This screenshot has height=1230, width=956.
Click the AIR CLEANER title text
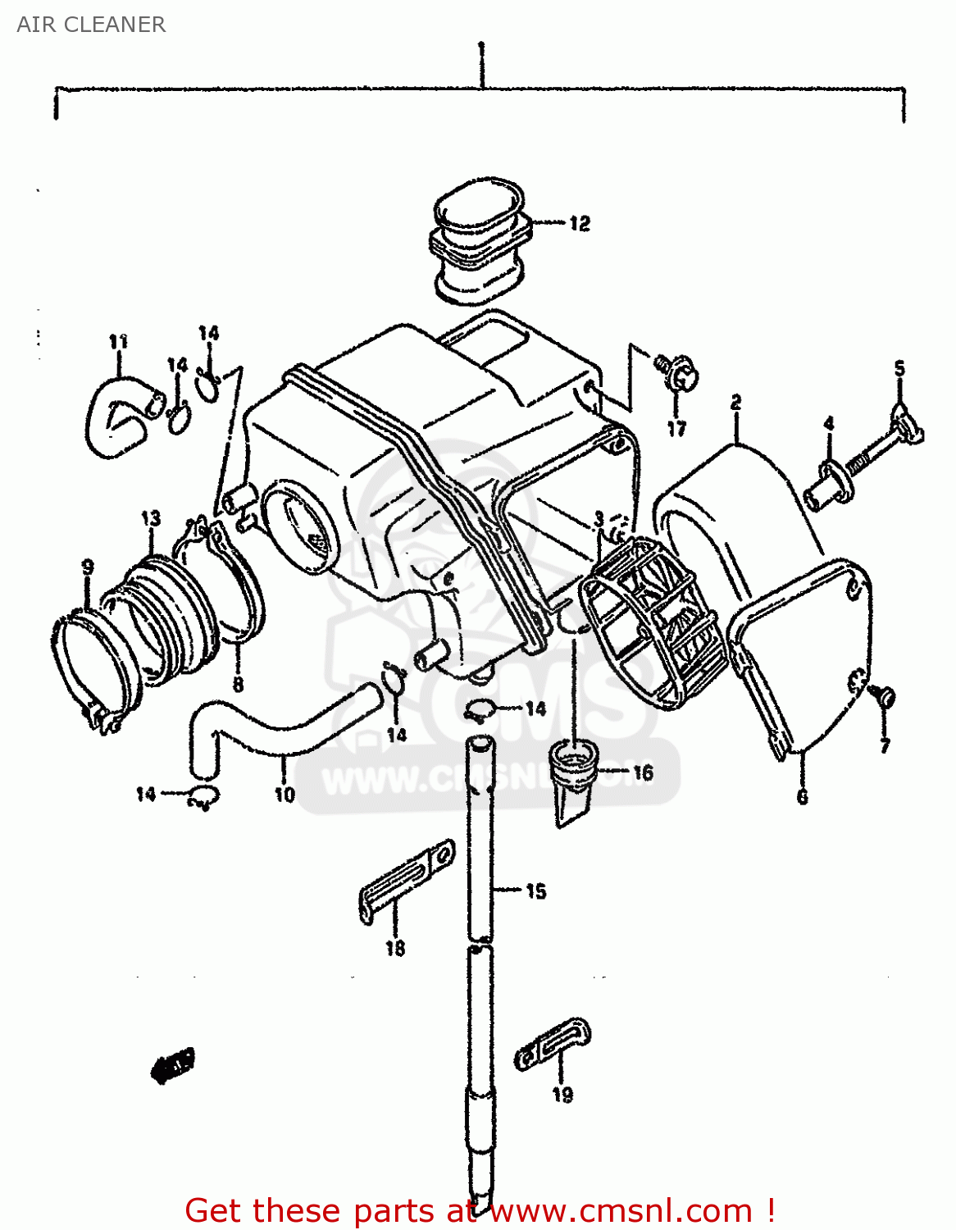click(91, 25)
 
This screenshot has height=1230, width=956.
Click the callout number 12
click(580, 223)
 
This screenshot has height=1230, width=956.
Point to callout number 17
click(676, 428)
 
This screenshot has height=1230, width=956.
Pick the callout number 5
click(899, 368)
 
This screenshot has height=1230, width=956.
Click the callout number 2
click(735, 402)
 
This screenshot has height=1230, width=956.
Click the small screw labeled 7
click(885, 698)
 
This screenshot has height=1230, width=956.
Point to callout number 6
click(802, 796)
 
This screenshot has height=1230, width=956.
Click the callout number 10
click(284, 794)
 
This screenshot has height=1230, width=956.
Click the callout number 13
click(151, 518)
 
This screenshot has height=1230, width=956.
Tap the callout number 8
click(238, 683)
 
